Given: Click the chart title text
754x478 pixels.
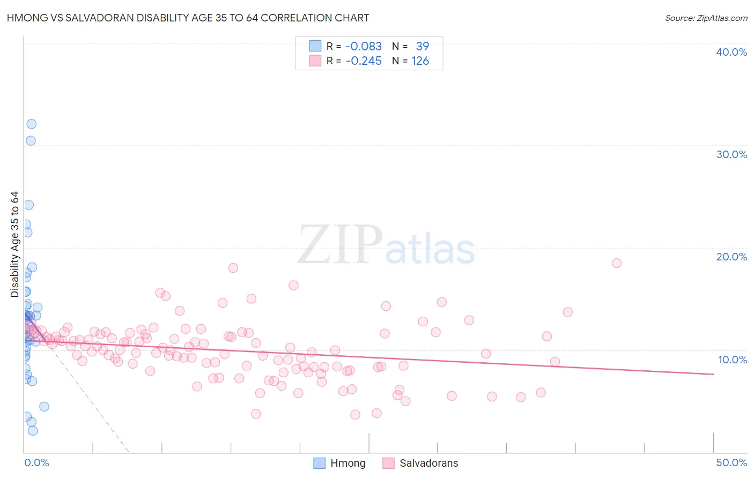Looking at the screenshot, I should (188, 18).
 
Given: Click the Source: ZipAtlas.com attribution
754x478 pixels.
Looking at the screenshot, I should (706, 18).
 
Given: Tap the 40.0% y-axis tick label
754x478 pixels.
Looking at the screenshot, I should (731, 52).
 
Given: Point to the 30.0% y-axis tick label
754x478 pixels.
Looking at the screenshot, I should (731, 154).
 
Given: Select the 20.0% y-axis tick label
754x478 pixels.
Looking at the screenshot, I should (731, 257).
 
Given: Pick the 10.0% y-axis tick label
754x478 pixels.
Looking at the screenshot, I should (733, 360).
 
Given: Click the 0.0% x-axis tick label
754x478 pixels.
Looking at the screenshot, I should (36, 462).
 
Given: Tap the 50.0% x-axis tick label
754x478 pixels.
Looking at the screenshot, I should (731, 462).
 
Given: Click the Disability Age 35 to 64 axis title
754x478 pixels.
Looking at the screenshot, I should (14, 244).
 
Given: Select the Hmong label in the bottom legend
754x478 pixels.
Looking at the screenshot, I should (348, 463).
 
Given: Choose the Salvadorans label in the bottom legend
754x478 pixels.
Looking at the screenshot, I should (428, 463).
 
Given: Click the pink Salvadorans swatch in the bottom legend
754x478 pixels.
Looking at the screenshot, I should (389, 463).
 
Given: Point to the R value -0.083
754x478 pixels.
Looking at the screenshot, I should (364, 46).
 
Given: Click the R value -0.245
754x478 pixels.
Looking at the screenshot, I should (364, 61).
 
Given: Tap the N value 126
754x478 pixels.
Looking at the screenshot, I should (420, 61).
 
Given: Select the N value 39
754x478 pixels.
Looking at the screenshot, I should (423, 46).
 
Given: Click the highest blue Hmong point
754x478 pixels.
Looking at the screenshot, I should (32, 124).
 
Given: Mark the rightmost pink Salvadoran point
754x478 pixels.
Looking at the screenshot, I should (617, 263).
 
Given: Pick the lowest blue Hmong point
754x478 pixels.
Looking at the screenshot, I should (33, 430).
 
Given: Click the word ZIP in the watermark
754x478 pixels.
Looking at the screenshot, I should (340, 244).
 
